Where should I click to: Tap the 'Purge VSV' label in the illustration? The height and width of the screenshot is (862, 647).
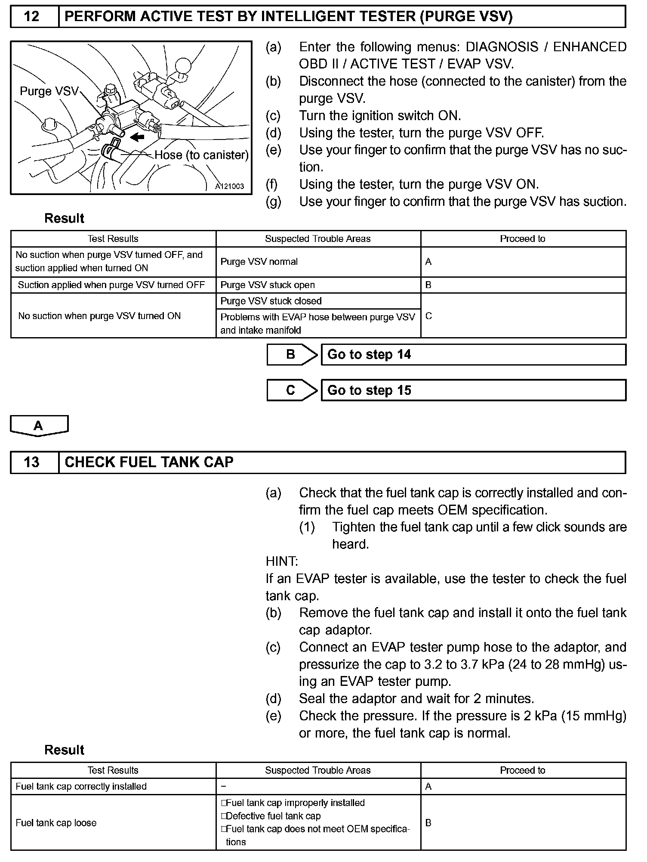pyautogui.click(x=49, y=91)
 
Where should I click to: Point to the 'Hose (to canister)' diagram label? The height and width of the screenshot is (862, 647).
pyautogui.click(x=201, y=155)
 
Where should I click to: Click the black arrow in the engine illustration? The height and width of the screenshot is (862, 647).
pyautogui.click(x=138, y=137)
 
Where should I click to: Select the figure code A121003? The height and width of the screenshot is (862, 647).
pyautogui.click(x=230, y=186)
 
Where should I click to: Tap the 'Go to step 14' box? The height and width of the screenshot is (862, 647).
pyautogui.click(x=473, y=355)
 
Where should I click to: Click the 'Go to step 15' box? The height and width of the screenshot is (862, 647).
pyautogui.click(x=473, y=391)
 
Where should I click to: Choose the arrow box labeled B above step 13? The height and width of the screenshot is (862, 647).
pyautogui.click(x=292, y=355)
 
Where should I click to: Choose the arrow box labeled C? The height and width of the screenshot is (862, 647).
pyautogui.click(x=292, y=391)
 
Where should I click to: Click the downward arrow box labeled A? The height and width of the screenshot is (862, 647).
pyautogui.click(x=39, y=426)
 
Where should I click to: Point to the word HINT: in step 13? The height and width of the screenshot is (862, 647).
pyautogui.click(x=282, y=561)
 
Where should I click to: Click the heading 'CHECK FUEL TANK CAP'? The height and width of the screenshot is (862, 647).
pyautogui.click(x=149, y=462)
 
